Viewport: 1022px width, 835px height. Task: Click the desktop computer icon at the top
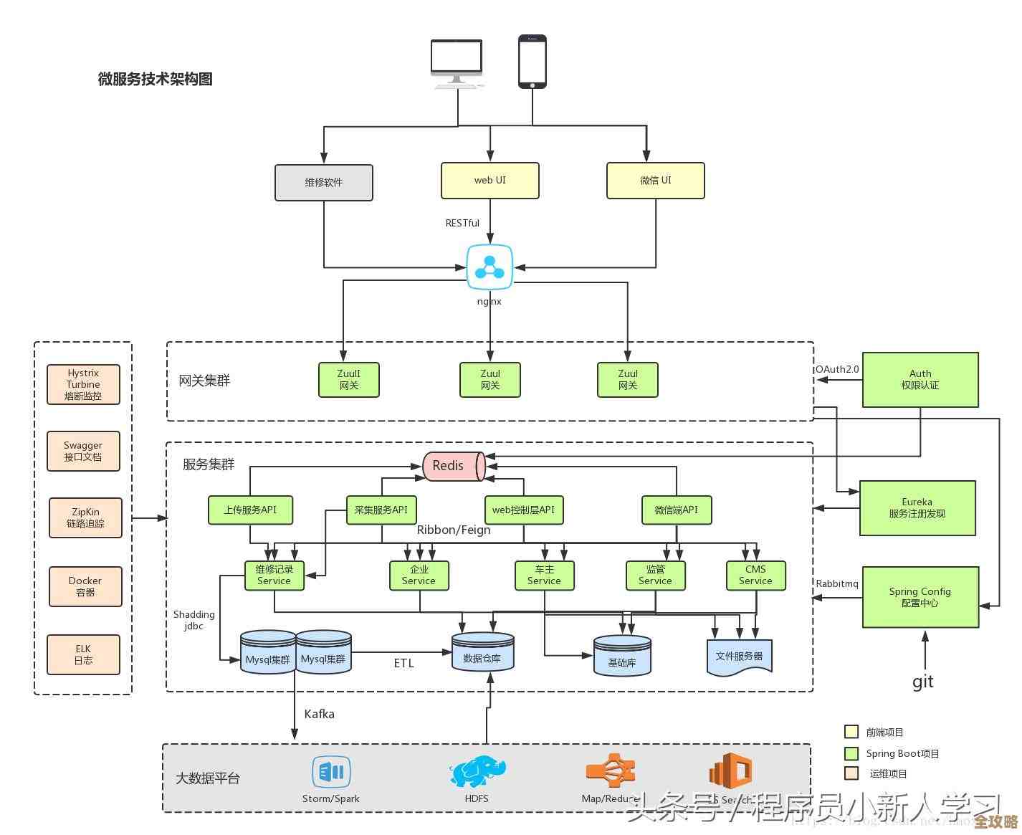tap(457, 63)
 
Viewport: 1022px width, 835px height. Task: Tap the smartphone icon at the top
tap(533, 62)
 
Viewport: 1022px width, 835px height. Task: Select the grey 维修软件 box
tap(324, 183)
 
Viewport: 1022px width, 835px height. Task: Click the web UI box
tap(490, 181)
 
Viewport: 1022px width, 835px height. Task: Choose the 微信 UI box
tap(656, 181)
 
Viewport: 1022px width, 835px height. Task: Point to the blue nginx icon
tap(490, 268)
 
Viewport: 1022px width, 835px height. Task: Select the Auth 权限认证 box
tap(920, 380)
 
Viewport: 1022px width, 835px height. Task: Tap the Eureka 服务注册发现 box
tap(917, 508)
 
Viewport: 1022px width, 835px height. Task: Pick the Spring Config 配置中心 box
tap(920, 597)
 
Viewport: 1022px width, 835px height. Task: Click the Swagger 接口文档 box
tap(83, 452)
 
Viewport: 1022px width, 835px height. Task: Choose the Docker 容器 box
tap(85, 587)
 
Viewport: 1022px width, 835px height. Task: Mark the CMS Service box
tap(755, 576)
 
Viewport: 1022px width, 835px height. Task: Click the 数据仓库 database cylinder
tap(482, 652)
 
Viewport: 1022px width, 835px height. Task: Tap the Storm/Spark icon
tap(331, 773)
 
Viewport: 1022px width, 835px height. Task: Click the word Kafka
tap(319, 714)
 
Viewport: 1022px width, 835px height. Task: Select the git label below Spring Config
tap(923, 682)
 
